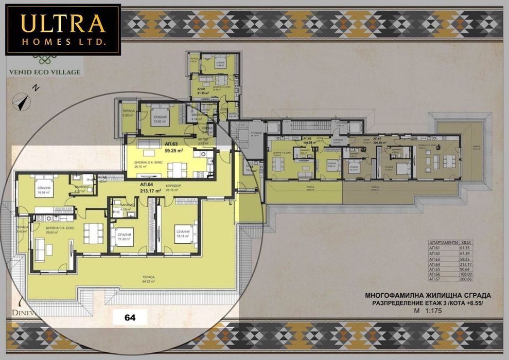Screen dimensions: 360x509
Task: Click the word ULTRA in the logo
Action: [x=63, y=24]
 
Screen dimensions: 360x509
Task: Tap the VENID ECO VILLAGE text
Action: [x=44, y=72]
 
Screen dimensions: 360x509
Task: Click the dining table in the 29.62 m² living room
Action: [x=93, y=233]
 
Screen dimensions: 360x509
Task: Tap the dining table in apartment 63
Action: [x=176, y=168]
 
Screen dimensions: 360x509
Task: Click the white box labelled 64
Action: [x=130, y=317]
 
